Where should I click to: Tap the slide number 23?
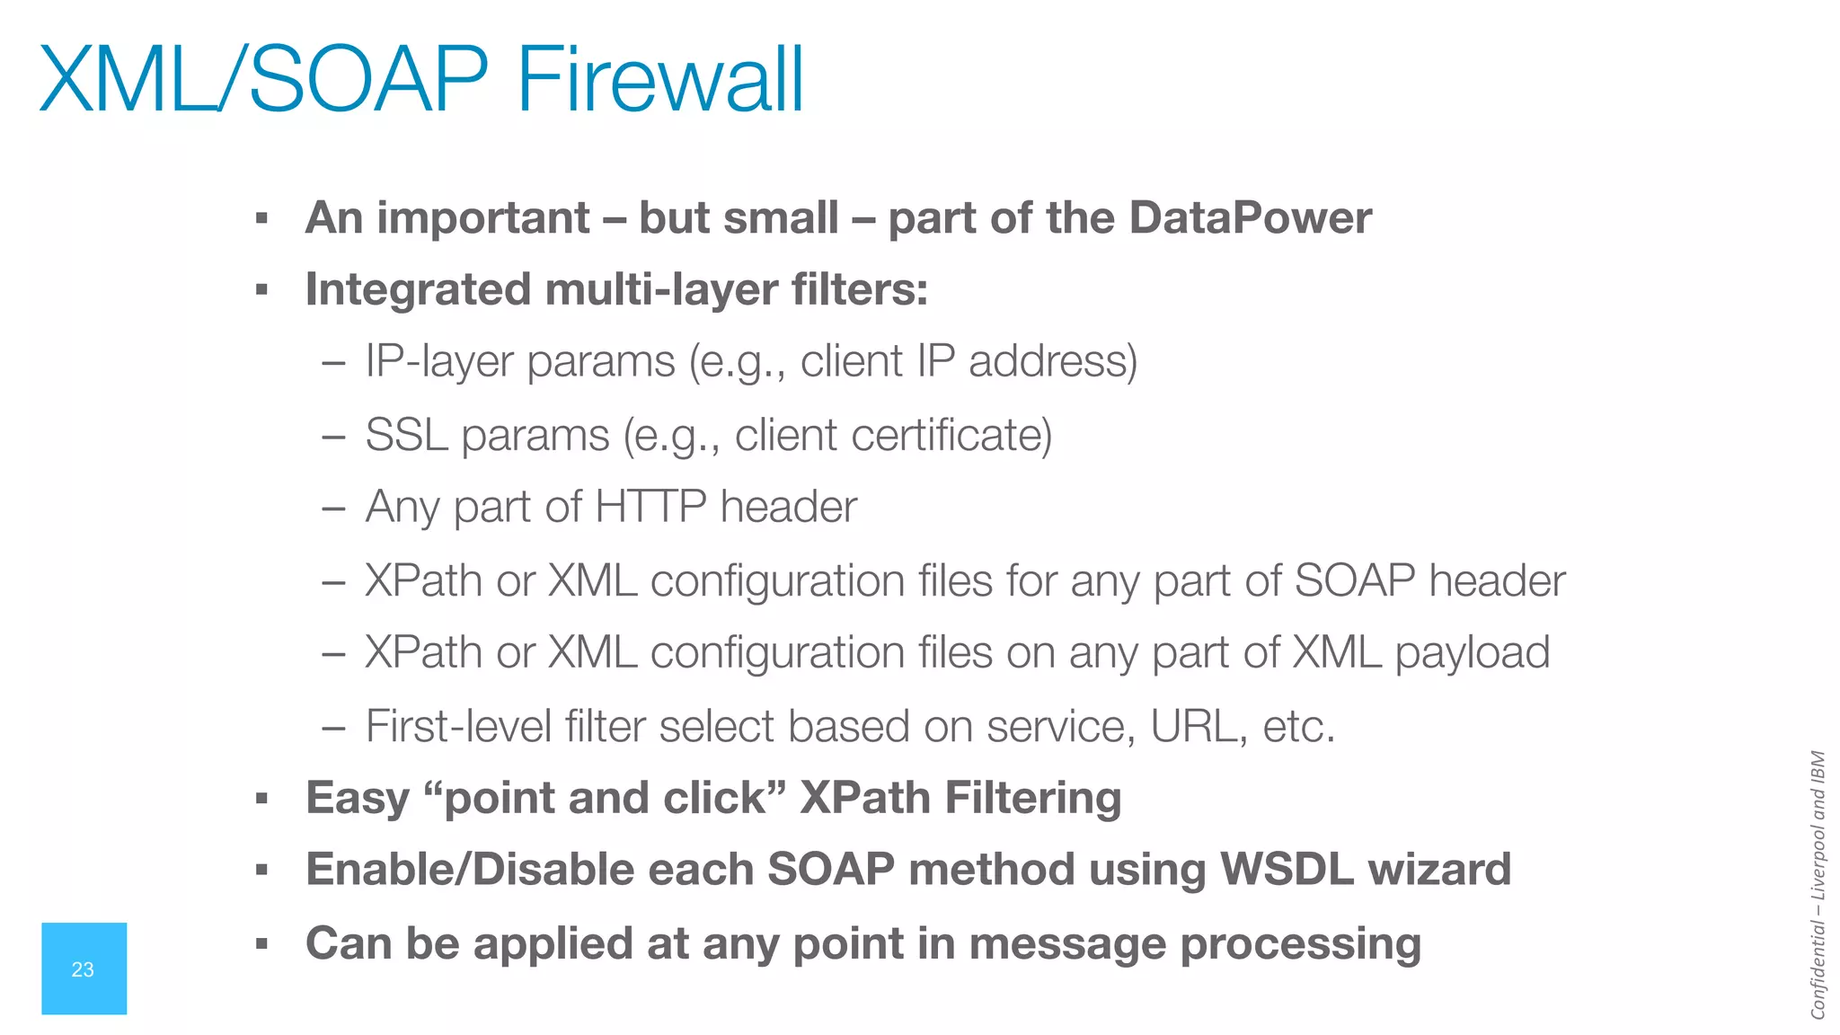pyautogui.click(x=83, y=969)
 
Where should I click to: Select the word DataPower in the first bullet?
pyautogui.click(x=1251, y=217)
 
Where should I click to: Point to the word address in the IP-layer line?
pyautogui.click(x=1053, y=361)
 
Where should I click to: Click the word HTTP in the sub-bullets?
pyautogui.click(x=650, y=507)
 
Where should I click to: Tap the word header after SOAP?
pyautogui.click(x=1497, y=580)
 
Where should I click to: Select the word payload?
pyautogui.click(x=1473, y=653)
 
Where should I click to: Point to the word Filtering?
pyautogui.click(x=1033, y=798)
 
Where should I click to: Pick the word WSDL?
pyautogui.click(x=1286, y=870)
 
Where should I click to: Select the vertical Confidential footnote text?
pyautogui.click(x=1818, y=885)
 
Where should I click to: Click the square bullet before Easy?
pyautogui.click(x=261, y=798)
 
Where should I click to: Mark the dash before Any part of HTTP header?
pyautogui.click(x=333, y=509)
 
